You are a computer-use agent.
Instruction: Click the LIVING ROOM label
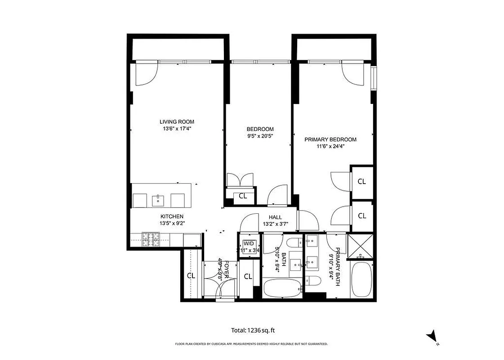tap(177, 121)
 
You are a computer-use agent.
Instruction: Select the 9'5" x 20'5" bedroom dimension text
tap(260, 136)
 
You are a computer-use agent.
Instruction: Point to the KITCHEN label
tap(172, 216)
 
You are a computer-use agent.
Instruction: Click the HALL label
tap(275, 217)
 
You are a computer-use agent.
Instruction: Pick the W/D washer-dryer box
tap(249, 246)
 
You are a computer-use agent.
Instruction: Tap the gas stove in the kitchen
tap(151, 239)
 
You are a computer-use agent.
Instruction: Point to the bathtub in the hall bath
tap(281, 288)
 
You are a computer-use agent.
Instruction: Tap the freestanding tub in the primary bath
tap(361, 280)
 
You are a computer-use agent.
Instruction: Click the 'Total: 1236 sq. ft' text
tap(252, 330)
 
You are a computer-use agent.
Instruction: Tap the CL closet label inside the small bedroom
tap(243, 196)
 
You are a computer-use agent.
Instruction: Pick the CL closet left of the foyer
tap(191, 276)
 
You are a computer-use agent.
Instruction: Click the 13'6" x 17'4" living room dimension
tap(177, 129)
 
